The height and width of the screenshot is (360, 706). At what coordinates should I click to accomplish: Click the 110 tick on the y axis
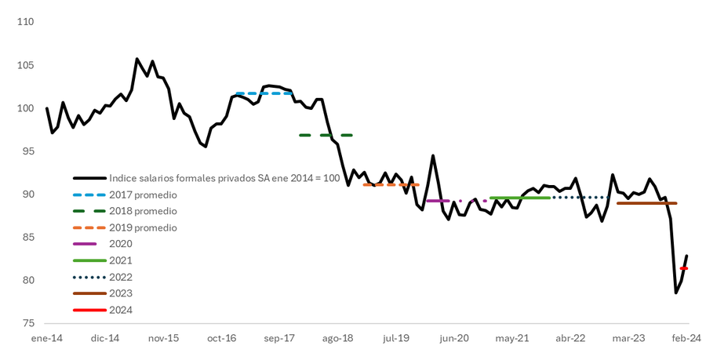point(26,22)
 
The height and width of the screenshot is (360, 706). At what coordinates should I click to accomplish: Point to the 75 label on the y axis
point(28,323)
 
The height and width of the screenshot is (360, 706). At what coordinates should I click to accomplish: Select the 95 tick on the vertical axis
point(28,151)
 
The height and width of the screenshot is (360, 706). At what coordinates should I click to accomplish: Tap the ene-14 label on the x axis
point(46,338)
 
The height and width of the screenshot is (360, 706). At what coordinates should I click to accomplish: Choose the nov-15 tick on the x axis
point(163,338)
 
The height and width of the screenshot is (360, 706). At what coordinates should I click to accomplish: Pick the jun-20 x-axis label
point(454,338)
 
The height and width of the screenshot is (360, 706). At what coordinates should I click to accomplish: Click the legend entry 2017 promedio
point(143,195)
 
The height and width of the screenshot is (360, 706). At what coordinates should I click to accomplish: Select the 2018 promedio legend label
point(143,211)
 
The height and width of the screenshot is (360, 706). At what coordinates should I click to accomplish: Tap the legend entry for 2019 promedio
point(143,227)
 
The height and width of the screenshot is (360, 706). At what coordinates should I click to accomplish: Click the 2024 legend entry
point(121,310)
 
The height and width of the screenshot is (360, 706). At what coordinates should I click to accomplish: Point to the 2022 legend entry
point(121,277)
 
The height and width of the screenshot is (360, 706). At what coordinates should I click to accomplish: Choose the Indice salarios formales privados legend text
point(224,178)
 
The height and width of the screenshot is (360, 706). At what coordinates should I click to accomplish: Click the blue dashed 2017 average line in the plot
point(264,93)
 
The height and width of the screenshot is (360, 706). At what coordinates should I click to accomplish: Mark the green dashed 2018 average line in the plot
point(326,135)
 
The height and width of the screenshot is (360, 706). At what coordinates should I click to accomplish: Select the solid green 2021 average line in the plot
point(519,198)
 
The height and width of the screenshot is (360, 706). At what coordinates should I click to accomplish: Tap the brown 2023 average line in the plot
point(646,203)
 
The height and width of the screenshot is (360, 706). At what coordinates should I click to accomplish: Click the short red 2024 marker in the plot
point(684,268)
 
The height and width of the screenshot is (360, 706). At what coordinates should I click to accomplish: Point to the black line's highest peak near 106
point(137,59)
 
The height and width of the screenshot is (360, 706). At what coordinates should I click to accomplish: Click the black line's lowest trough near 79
point(676,293)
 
